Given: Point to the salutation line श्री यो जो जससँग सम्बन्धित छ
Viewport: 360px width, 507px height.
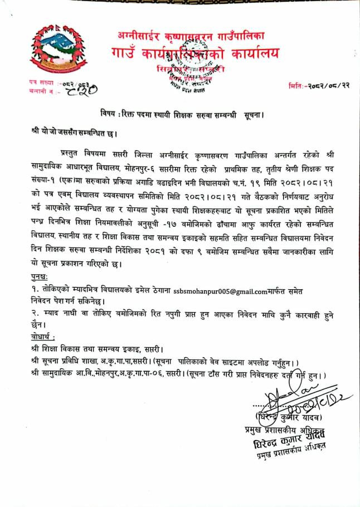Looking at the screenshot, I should click(75, 134).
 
